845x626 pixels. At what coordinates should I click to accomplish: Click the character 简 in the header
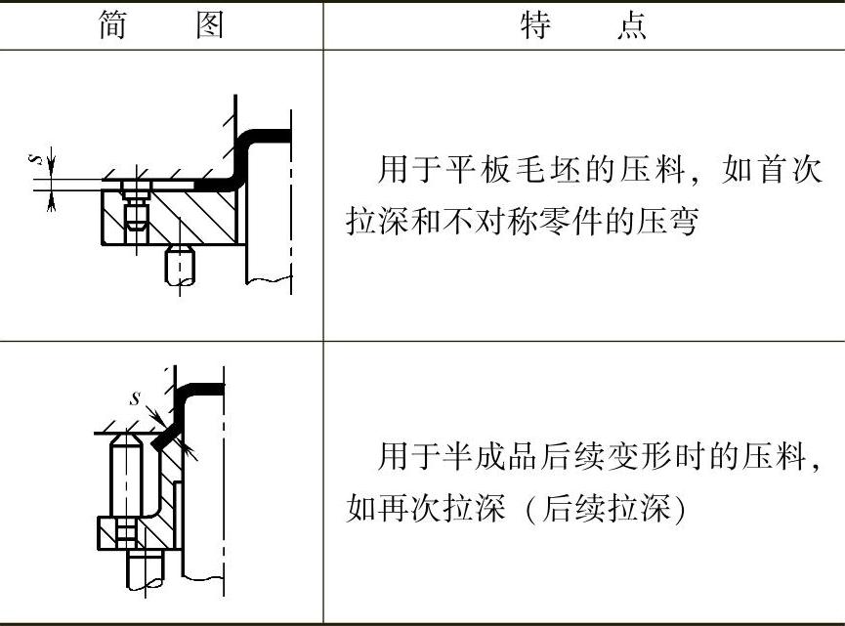point(113,24)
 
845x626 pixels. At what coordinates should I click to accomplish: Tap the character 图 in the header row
point(209,24)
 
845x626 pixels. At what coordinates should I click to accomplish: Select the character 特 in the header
point(536,24)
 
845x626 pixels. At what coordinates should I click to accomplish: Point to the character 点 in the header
point(632,24)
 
